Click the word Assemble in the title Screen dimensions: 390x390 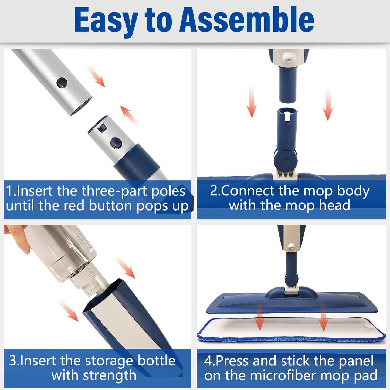pyautogui.click(x=247, y=19)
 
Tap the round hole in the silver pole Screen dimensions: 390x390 pyautogui.click(x=62, y=83)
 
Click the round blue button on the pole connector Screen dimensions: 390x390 pyautogui.click(x=116, y=143)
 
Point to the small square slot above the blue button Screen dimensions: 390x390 pyautogui.click(x=102, y=128)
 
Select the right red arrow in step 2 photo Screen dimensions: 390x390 pyautogui.click(x=328, y=105)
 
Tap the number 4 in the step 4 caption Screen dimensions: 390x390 pyautogui.click(x=208, y=361)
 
